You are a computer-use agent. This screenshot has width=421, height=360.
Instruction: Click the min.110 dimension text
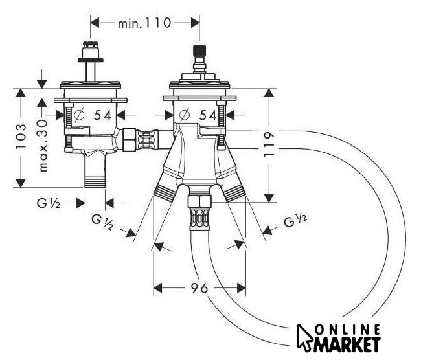(144, 23)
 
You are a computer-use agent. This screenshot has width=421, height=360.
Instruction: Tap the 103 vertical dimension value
(21, 137)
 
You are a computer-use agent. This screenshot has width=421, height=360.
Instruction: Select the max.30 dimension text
(43, 146)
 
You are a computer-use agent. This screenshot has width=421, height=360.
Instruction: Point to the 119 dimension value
(268, 144)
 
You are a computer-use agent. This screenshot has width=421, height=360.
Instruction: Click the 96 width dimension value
(199, 287)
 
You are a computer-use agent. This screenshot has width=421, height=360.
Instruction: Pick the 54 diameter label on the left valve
(102, 115)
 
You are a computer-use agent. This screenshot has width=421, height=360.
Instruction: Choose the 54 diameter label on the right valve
(208, 115)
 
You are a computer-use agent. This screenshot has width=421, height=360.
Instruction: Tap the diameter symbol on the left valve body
(79, 115)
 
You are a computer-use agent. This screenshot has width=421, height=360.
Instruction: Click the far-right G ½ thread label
(295, 220)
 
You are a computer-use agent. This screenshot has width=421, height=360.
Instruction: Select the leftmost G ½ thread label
(49, 203)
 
